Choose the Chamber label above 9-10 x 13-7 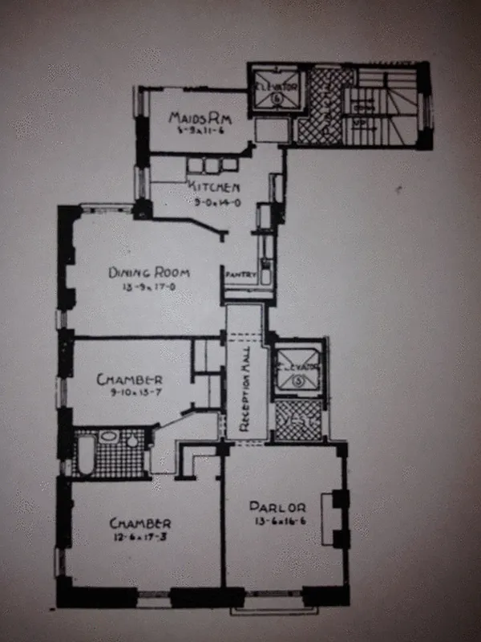(130, 380)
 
